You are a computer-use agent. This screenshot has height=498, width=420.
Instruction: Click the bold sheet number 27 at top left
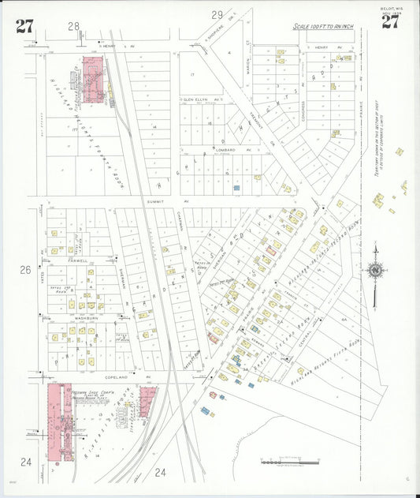[24, 26]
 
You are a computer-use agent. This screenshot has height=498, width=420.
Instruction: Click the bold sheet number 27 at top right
[390, 21]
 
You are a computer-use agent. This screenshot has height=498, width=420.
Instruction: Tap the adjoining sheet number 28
[74, 26]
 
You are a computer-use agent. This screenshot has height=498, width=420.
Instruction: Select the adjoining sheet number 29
[217, 14]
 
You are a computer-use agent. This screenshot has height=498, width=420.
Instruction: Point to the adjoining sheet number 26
[25, 270]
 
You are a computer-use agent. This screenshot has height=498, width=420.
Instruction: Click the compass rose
[375, 270]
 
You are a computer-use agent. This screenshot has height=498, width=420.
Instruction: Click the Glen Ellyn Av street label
[199, 99]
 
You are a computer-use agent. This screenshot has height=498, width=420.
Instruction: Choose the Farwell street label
[79, 259]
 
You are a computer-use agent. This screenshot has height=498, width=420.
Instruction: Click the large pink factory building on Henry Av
[92, 79]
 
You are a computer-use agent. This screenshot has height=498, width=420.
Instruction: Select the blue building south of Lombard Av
[236, 188]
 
